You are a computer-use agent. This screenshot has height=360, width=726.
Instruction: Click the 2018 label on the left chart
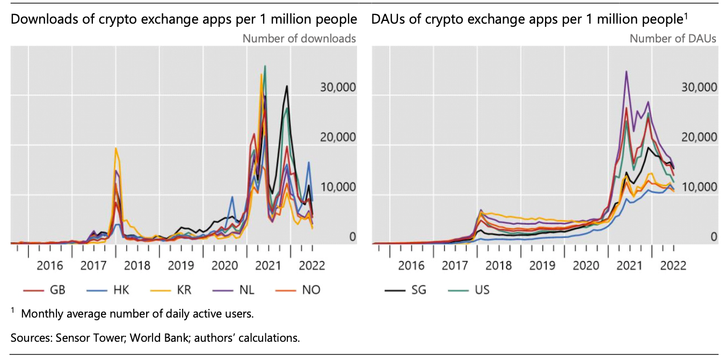click(x=137, y=265)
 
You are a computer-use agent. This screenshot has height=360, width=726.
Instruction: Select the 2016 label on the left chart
click(x=50, y=265)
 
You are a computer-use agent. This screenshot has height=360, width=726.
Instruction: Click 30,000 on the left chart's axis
click(x=338, y=87)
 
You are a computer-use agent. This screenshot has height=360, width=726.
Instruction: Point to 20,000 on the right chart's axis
click(x=699, y=137)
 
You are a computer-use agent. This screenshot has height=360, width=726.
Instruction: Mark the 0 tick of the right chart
click(x=714, y=236)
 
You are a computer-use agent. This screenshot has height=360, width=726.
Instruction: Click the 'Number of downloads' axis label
click(x=299, y=39)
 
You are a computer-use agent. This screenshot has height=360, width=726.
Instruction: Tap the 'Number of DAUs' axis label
click(x=673, y=39)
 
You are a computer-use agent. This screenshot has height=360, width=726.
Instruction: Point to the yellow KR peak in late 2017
click(x=115, y=148)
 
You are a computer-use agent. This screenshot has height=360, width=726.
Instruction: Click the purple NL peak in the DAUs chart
click(x=626, y=71)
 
